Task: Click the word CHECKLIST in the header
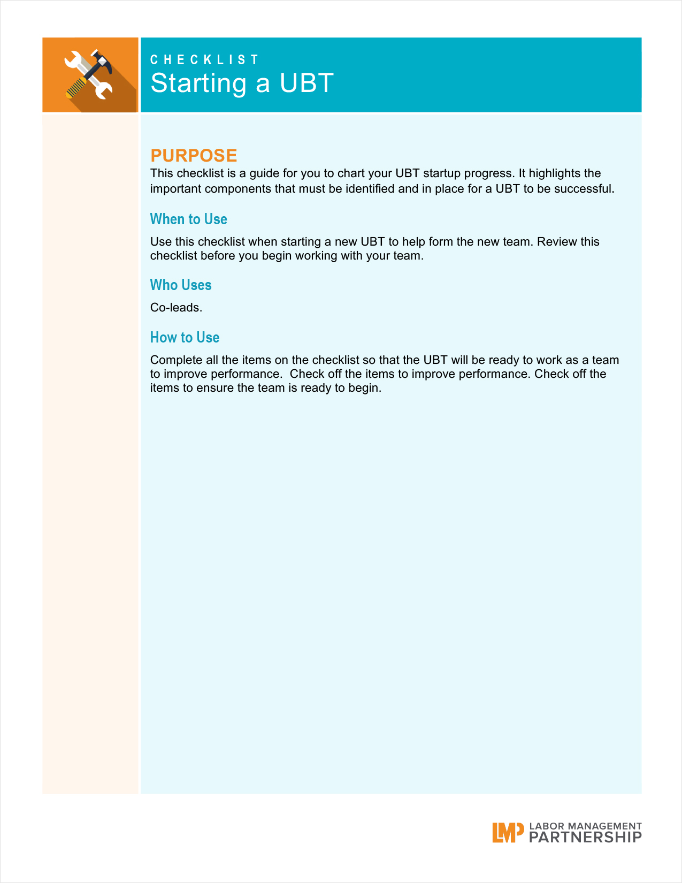204,59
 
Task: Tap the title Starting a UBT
242,83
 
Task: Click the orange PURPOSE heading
194,155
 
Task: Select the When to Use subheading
188,219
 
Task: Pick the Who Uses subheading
181,285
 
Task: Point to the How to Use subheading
185,337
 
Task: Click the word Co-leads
176,308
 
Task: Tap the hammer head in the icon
101,60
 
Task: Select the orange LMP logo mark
507,833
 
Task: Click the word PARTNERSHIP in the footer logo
585,838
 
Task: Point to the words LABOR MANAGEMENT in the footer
585,826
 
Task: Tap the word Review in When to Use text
557,241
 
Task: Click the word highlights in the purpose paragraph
556,173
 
